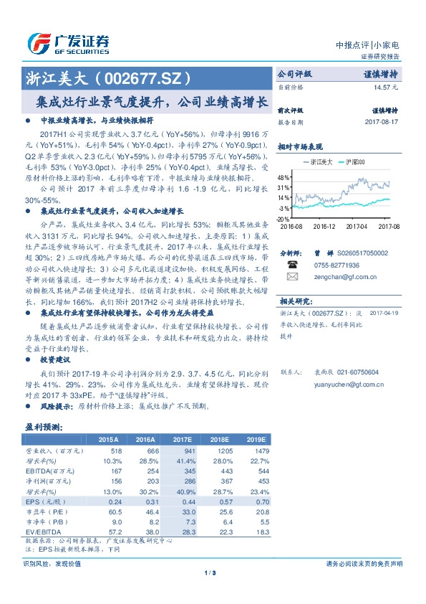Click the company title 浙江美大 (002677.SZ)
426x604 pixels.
pos(105,77)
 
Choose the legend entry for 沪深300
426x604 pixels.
pos(356,163)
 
